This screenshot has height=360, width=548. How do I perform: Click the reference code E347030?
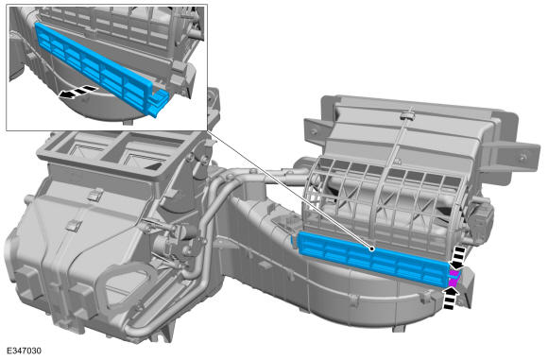click(24, 351)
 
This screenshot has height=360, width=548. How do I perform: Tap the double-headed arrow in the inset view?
click(77, 92)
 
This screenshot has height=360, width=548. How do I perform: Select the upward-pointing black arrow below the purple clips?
click(452, 298)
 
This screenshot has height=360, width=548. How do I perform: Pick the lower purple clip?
click(453, 282)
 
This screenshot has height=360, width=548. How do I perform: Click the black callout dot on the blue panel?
click(372, 249)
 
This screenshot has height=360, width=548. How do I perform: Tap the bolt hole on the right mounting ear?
click(522, 159)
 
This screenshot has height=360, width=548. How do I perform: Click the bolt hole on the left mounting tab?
click(314, 131)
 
